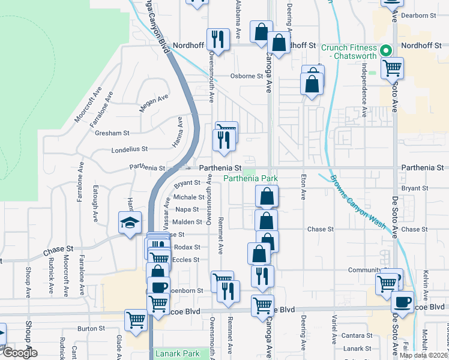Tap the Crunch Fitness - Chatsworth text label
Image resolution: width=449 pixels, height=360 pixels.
click(x=349, y=52)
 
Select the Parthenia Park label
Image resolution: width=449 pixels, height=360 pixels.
click(x=251, y=179)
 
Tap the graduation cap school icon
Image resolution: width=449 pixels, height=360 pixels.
click(x=130, y=224)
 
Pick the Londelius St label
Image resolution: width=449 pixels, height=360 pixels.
click(x=129, y=150)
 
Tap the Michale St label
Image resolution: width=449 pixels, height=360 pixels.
click(x=189, y=197)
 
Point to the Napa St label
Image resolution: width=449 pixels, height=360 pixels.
click(x=187, y=209)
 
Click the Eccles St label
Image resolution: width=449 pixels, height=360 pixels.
click(x=185, y=260)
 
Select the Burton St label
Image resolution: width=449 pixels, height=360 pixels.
click(x=91, y=328)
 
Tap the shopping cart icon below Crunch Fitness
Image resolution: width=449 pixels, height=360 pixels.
click(x=392, y=69)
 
